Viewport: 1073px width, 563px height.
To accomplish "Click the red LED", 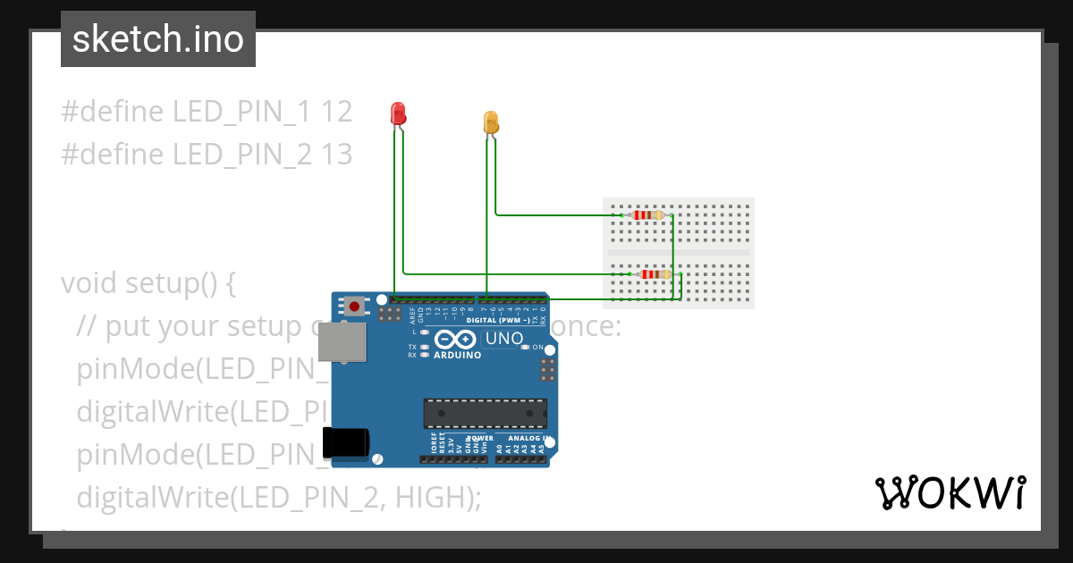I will point(398,113).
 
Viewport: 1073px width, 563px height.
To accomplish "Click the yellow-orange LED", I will point(491,122).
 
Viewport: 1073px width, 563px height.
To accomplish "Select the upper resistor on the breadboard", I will point(646,214).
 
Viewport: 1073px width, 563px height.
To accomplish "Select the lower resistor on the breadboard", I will point(655,274).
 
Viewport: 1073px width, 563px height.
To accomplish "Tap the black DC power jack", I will point(345,441).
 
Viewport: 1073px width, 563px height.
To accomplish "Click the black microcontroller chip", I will point(485,413).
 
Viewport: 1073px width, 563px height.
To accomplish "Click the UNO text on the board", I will point(503,340).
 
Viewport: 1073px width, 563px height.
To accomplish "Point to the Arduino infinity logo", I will point(456,340).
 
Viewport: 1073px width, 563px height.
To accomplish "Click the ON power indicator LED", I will point(526,347).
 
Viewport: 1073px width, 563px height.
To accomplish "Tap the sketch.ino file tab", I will point(158,39).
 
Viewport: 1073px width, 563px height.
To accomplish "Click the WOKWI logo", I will point(950,492).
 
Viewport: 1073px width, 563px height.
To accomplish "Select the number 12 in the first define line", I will point(337,112).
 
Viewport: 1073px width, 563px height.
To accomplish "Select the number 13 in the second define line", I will point(337,155).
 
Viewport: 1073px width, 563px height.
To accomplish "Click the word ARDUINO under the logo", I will point(457,355).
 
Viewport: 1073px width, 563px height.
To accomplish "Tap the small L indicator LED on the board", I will point(425,332).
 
